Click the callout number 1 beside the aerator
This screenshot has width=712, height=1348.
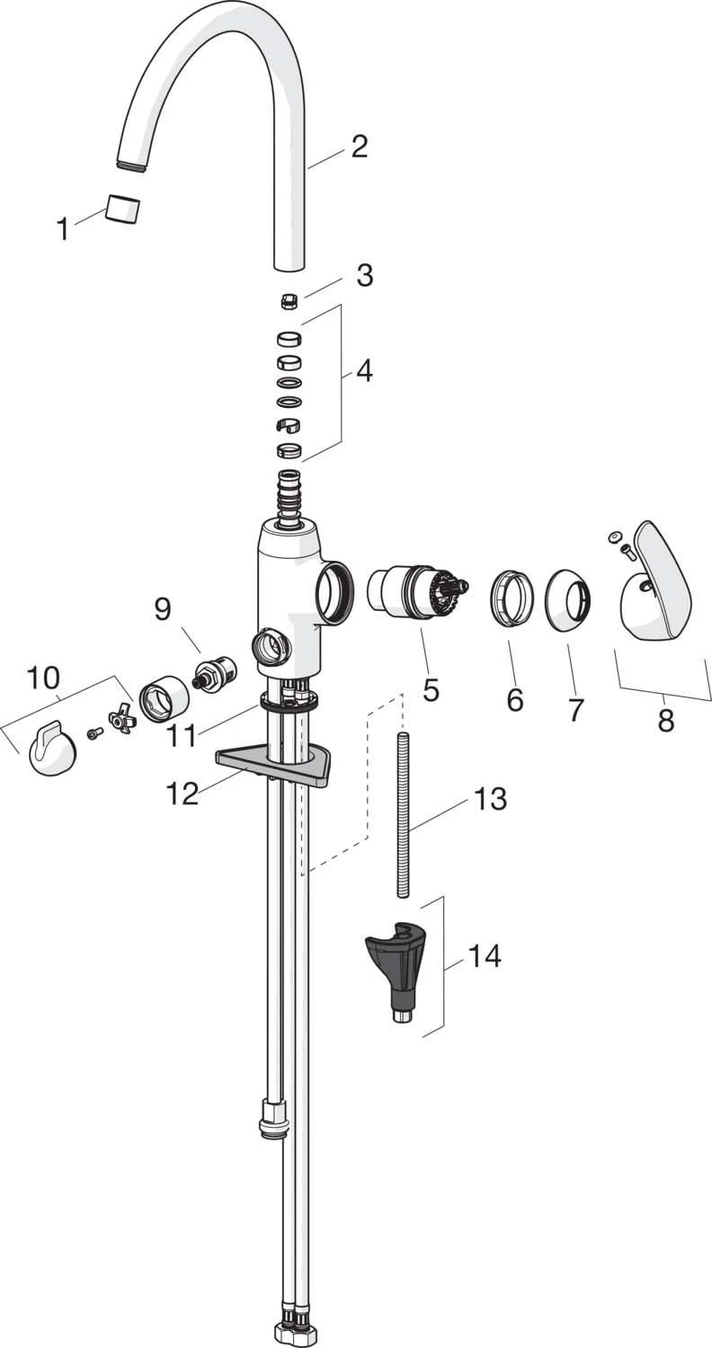62,229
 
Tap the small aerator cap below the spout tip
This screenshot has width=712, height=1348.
123,209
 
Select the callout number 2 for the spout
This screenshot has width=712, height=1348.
360,146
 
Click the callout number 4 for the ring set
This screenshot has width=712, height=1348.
363,370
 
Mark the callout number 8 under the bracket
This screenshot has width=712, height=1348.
665,720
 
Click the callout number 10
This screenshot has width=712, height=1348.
43,678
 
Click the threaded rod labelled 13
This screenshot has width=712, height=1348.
402,813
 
